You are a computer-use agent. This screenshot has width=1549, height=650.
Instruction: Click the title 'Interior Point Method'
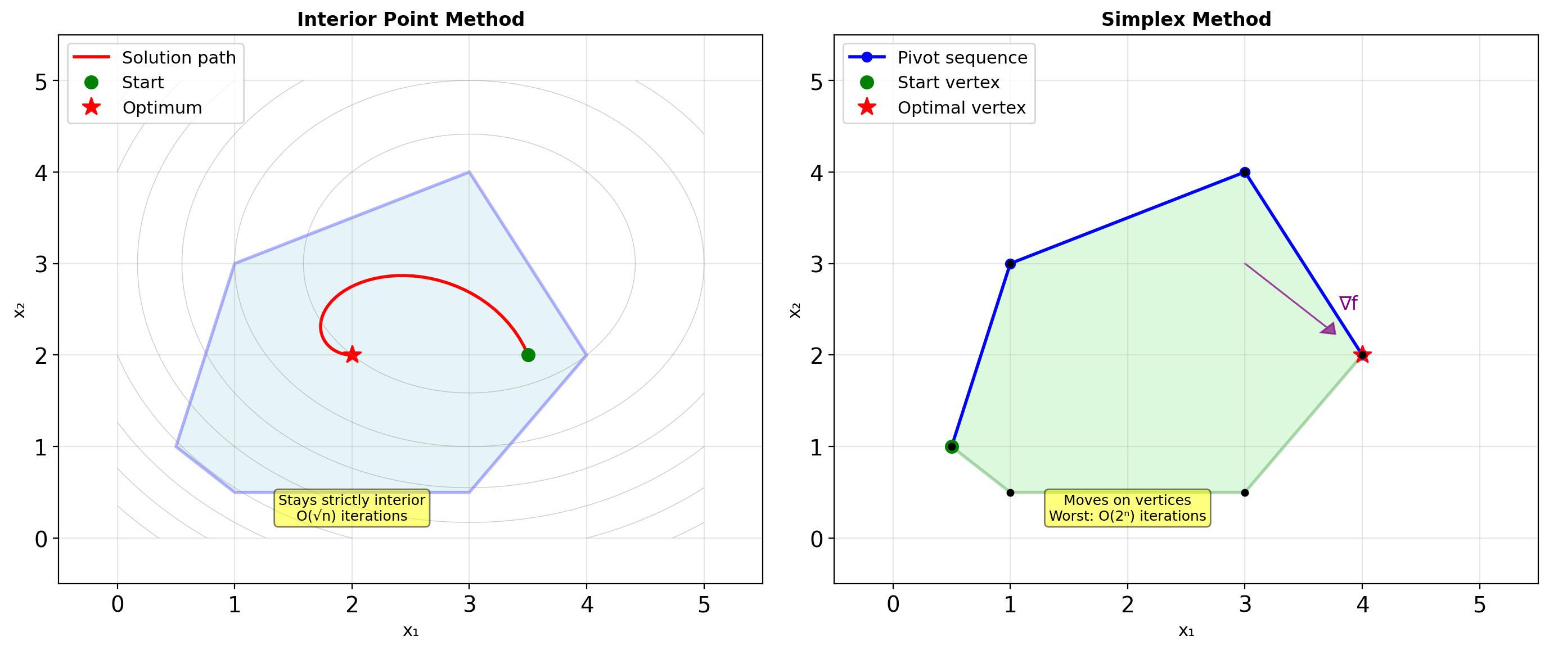(x=410, y=19)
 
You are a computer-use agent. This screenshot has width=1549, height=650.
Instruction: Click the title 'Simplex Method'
(x=1186, y=19)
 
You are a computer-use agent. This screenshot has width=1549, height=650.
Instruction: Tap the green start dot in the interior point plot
(x=528, y=355)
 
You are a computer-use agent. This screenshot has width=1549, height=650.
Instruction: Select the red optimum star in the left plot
(x=352, y=355)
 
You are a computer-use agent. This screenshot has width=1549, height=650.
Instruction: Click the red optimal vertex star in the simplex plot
(x=1362, y=355)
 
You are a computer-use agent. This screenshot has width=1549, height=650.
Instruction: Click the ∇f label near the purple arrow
(x=1348, y=303)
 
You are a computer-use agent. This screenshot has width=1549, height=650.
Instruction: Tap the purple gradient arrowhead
(x=1329, y=328)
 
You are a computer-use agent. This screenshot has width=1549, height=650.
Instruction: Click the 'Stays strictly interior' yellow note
(x=352, y=508)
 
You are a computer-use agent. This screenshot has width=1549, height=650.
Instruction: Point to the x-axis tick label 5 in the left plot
(x=704, y=604)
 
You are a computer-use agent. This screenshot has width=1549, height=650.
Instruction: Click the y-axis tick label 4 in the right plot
(x=816, y=173)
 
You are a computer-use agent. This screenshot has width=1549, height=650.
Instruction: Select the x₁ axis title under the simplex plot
(x=1186, y=631)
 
